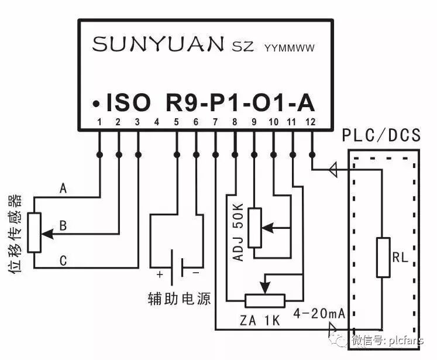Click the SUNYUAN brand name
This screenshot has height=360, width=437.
(x=158, y=44)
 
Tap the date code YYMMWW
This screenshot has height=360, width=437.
(x=290, y=47)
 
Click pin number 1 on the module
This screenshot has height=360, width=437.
(x=100, y=122)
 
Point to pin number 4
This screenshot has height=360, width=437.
(x=157, y=122)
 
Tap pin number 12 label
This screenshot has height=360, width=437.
(x=311, y=122)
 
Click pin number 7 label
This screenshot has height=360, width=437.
(x=215, y=122)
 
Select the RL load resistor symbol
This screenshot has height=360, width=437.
(x=383, y=257)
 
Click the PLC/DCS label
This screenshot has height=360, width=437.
(x=382, y=136)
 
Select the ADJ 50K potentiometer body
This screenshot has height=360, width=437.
(x=254, y=227)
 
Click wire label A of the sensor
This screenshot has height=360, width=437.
(x=63, y=189)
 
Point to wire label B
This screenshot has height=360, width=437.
(x=63, y=225)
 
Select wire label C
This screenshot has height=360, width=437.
(x=63, y=260)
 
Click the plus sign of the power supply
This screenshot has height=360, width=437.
(x=159, y=274)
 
